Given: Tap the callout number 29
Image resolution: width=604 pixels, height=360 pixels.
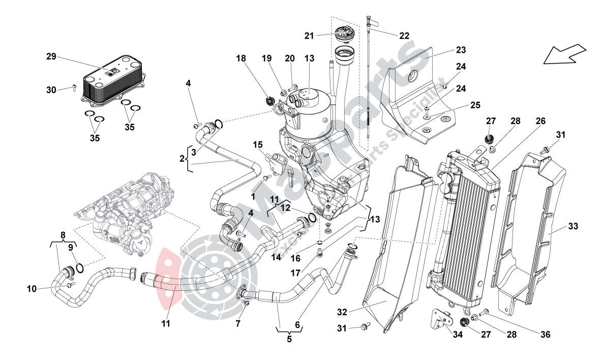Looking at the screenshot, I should [51, 56].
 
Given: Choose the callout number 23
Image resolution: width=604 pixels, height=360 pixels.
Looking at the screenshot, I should [461, 50].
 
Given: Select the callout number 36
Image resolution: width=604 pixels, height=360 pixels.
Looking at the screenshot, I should [545, 335].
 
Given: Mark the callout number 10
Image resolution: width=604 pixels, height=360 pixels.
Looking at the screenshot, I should [32, 289].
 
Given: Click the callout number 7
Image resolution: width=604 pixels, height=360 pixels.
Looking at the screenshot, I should [237, 323].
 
